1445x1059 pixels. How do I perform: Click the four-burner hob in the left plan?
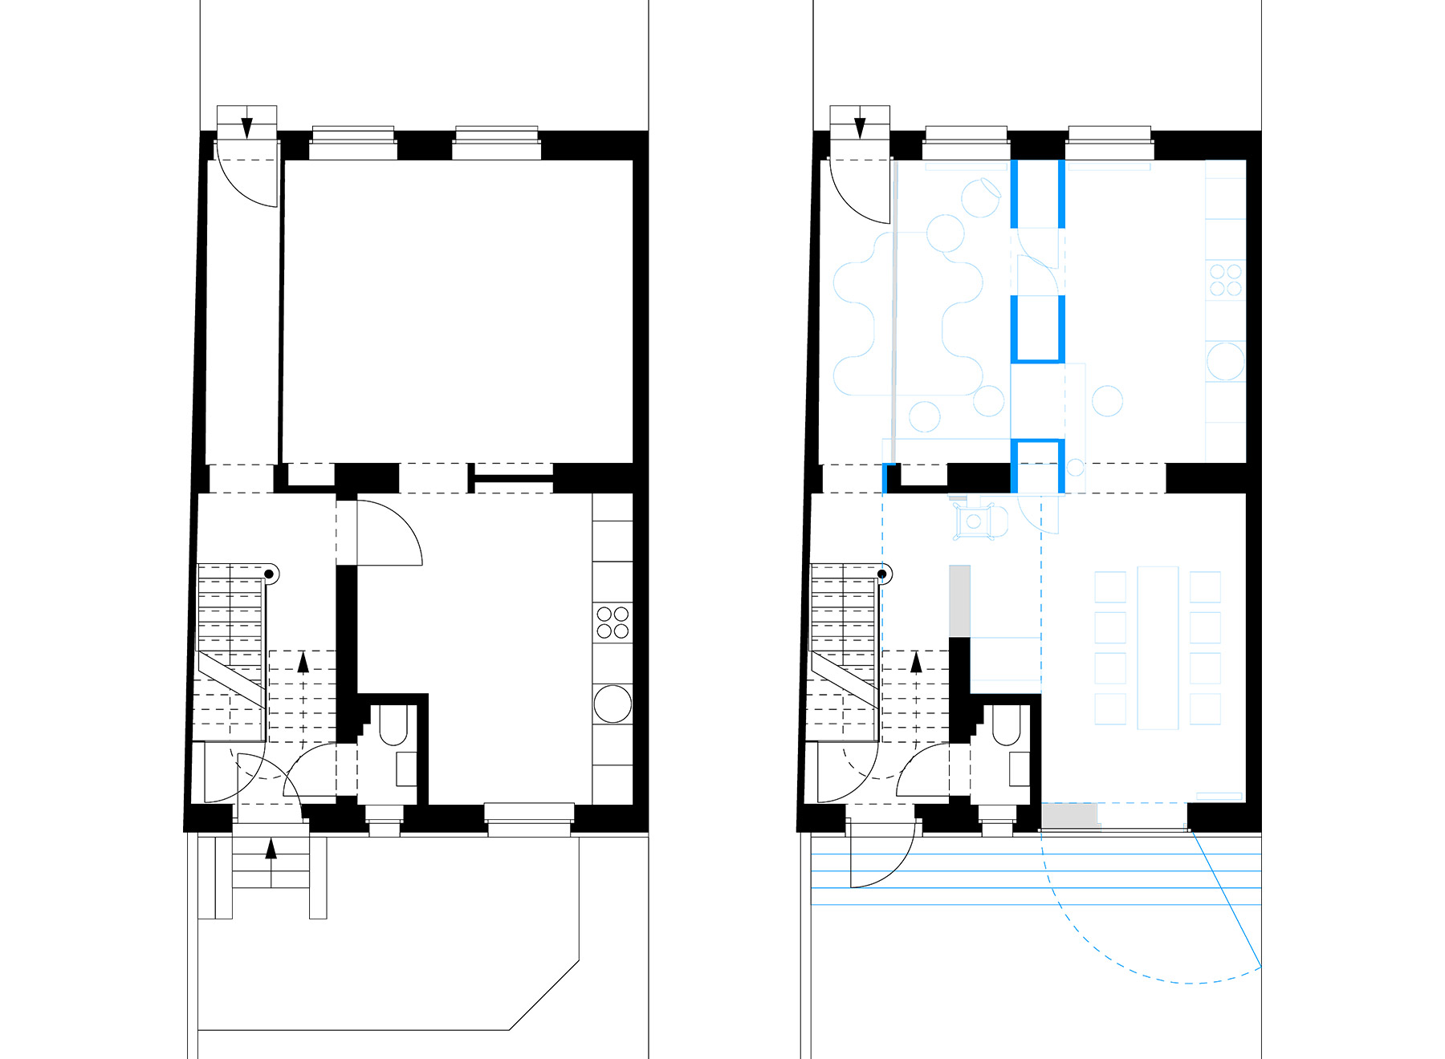click(x=613, y=623)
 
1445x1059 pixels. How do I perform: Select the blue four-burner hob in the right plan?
click(x=1225, y=280)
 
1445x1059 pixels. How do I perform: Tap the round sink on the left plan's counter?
click(x=613, y=704)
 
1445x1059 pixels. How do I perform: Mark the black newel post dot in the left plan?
click(x=271, y=574)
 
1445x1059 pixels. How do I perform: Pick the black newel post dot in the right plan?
click(x=883, y=574)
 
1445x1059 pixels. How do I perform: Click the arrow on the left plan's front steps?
click(x=271, y=848)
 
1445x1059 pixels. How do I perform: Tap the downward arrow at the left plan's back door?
click(x=247, y=127)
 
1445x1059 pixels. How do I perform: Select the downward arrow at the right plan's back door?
click(x=860, y=127)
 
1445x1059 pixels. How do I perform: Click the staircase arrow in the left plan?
click(x=303, y=663)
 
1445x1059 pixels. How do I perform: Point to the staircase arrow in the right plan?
click(x=916, y=663)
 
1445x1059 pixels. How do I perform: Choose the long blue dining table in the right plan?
click(x=1158, y=647)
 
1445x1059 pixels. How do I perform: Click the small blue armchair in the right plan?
click(x=975, y=522)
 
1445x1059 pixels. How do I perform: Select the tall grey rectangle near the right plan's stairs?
click(x=960, y=601)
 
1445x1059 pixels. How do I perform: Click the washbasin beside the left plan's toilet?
click(x=406, y=769)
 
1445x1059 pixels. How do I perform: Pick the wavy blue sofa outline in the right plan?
click(x=907, y=313)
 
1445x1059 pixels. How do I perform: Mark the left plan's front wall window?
click(x=529, y=818)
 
